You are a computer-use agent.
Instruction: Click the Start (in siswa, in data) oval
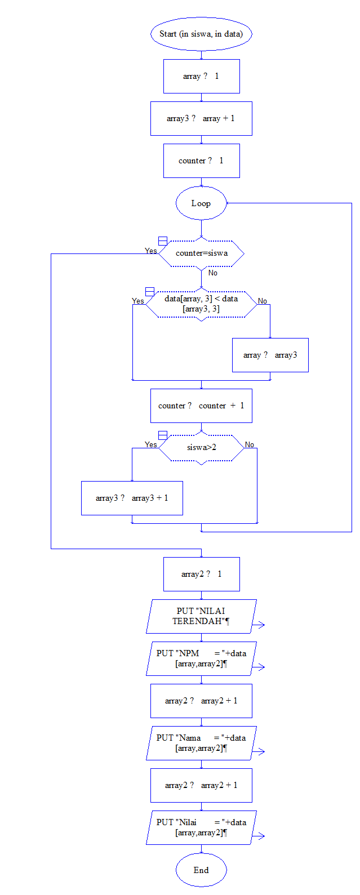pyautogui.click(x=201, y=34)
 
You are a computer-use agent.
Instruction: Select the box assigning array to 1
pyautogui.click(x=201, y=76)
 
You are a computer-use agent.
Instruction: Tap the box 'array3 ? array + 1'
pyautogui.click(x=201, y=118)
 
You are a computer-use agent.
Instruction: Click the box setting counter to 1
pyautogui.click(x=201, y=161)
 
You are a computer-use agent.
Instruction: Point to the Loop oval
pyautogui.click(x=201, y=203)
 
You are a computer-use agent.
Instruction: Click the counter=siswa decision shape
pyautogui.click(x=201, y=253)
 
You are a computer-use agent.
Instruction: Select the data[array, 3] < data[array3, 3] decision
pyautogui.click(x=201, y=304)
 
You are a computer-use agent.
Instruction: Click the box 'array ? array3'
pyautogui.click(x=270, y=355)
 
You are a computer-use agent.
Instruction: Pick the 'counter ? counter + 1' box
pyautogui.click(x=201, y=406)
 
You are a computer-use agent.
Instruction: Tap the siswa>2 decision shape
pyautogui.click(x=201, y=448)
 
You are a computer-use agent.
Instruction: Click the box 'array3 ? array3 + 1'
pyautogui.click(x=132, y=498)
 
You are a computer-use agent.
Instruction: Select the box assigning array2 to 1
pyautogui.click(x=201, y=574)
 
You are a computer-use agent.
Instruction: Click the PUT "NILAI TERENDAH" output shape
pyautogui.click(x=201, y=616)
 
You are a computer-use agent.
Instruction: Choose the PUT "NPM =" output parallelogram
pyautogui.click(x=201, y=658)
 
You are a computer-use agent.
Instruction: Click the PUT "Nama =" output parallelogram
pyautogui.click(x=201, y=743)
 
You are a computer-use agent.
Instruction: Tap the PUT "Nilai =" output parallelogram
pyautogui.click(x=201, y=827)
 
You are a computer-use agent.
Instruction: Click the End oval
pyautogui.click(x=201, y=870)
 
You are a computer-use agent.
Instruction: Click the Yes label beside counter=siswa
pyautogui.click(x=151, y=251)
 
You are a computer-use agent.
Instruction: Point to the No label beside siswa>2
pyautogui.click(x=250, y=445)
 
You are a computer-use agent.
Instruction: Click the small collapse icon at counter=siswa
pyautogui.click(x=163, y=241)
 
